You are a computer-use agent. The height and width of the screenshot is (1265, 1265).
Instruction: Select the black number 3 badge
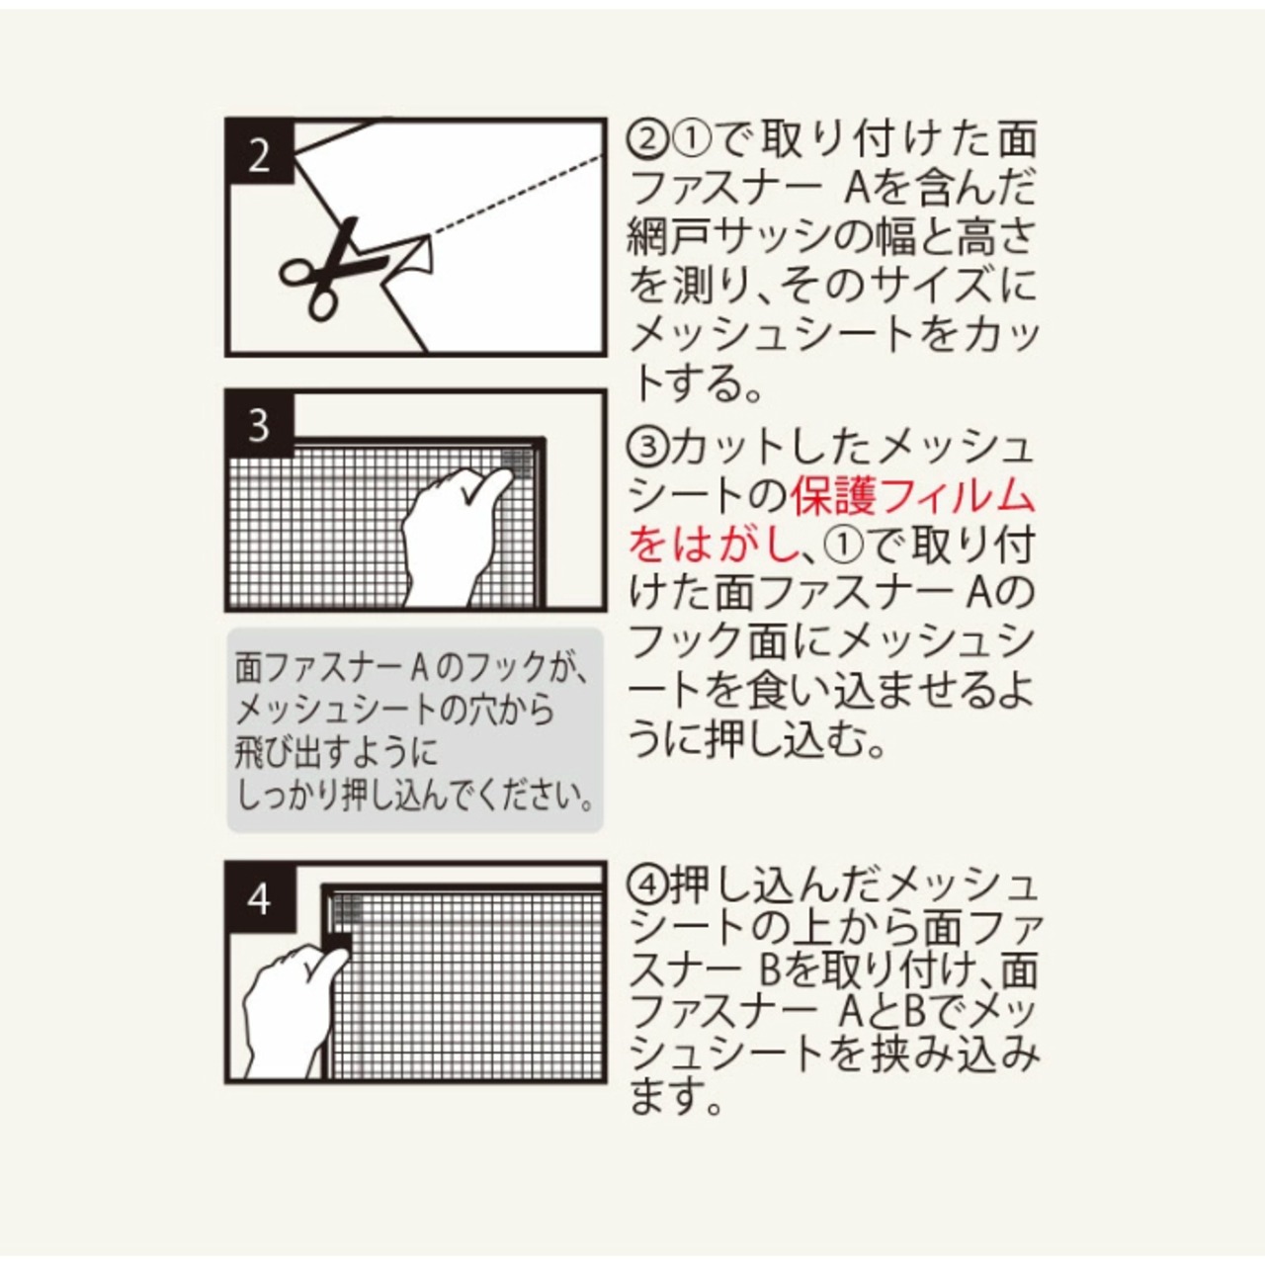pos(259,425)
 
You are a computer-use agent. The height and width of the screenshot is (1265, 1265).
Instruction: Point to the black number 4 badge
pos(259,898)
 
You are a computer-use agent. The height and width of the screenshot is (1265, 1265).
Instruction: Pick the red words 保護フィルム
pos(914,497)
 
